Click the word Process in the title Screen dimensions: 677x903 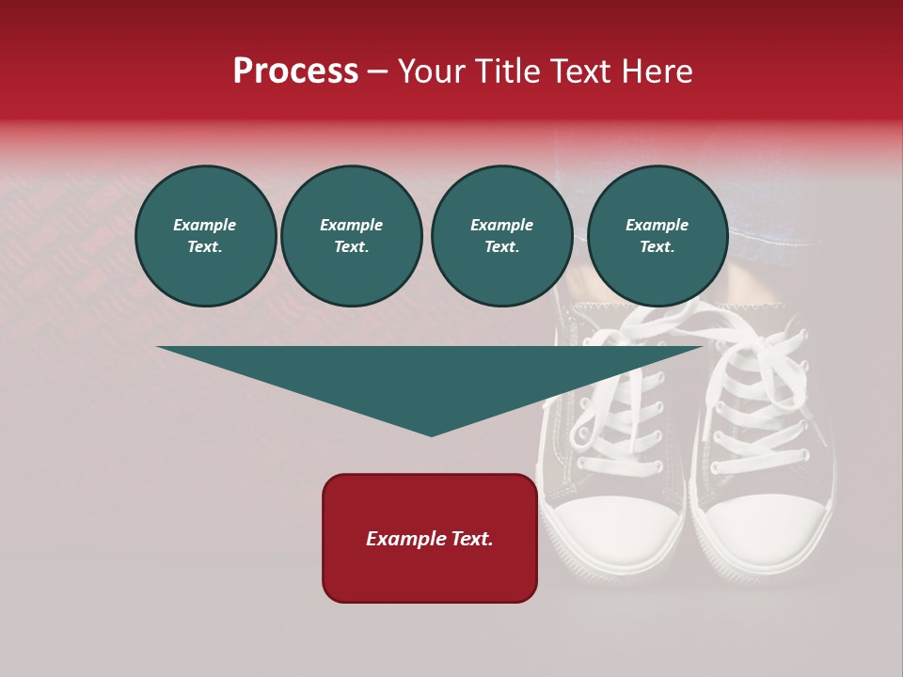295,71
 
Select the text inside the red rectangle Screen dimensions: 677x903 429,539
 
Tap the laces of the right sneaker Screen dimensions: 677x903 757,395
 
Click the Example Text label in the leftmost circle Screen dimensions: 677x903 205,236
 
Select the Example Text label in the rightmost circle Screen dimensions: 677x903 657,236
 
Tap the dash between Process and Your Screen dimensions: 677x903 377,71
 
